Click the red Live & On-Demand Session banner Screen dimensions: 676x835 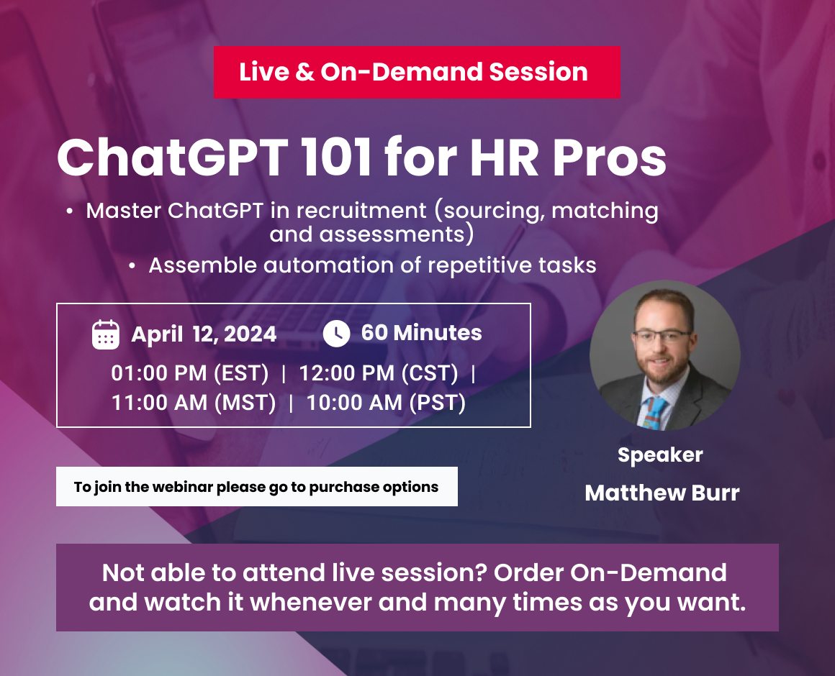[x=416, y=72]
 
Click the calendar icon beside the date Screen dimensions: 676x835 [x=106, y=334]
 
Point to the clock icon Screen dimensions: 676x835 [x=336, y=334]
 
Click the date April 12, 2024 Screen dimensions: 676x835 [x=204, y=334]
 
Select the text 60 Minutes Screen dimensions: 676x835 [x=421, y=333]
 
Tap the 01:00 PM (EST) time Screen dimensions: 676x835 [x=190, y=374]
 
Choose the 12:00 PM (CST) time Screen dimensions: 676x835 [x=379, y=374]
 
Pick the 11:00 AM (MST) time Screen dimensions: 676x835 [x=194, y=403]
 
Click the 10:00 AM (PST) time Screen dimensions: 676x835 [x=386, y=403]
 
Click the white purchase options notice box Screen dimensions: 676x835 [x=256, y=487]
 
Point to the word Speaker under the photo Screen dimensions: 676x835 [x=660, y=455]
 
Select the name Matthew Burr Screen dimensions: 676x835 [x=662, y=493]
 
